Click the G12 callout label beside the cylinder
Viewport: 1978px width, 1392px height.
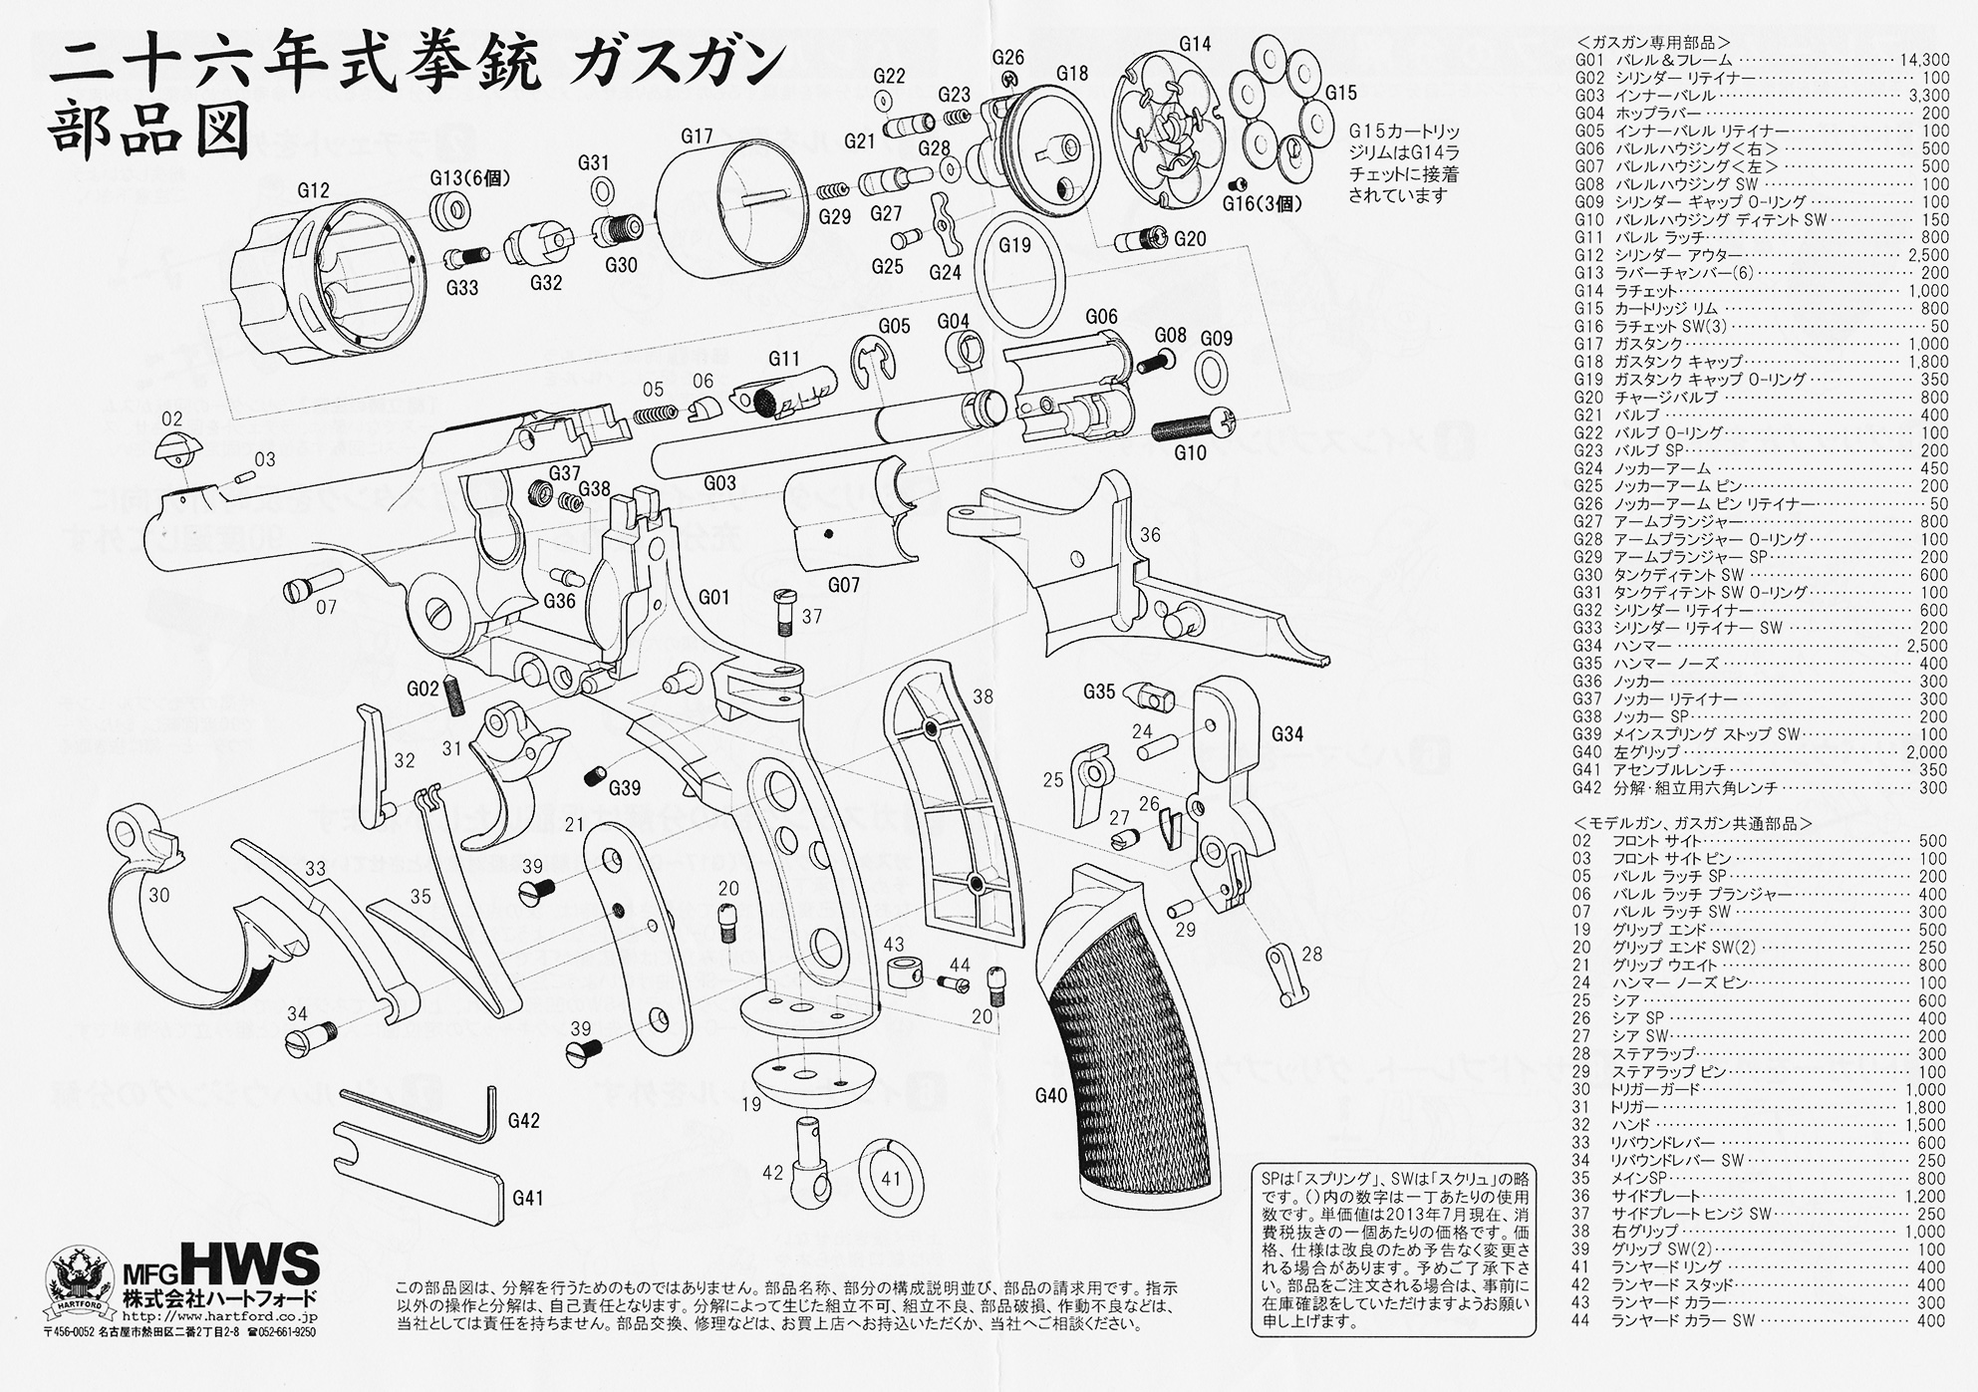point(312,190)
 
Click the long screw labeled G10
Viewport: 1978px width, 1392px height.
point(1196,426)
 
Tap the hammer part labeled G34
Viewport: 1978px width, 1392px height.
point(1232,787)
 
